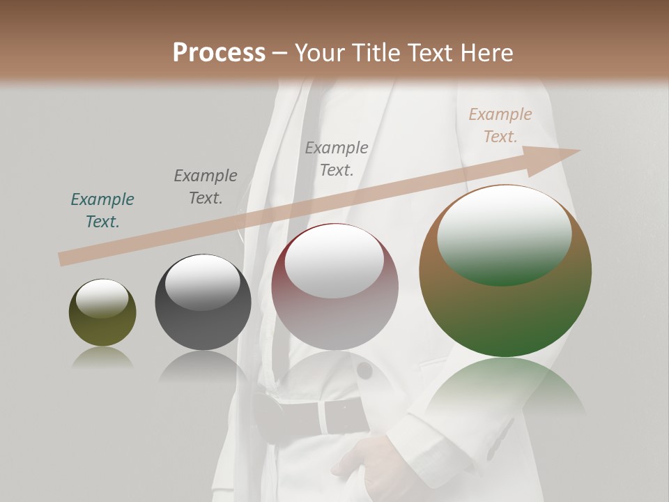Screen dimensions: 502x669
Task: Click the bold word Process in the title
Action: [219, 53]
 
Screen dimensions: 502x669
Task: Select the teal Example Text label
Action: [102, 211]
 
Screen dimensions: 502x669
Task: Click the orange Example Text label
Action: [500, 125]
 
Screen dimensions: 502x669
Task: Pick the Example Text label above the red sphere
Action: [337, 158]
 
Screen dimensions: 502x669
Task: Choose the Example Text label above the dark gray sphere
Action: [206, 187]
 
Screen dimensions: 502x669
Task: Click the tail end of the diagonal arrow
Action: [63, 259]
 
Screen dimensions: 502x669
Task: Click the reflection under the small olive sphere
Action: [102, 357]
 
